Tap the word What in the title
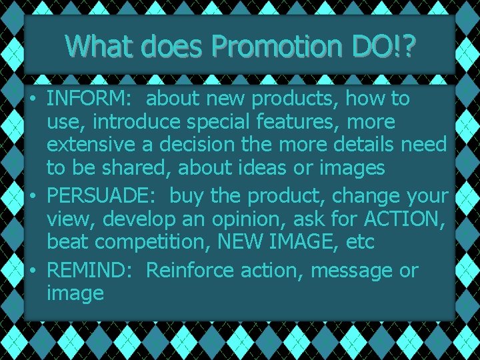(99, 46)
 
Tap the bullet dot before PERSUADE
(32, 197)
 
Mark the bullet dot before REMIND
(32, 271)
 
